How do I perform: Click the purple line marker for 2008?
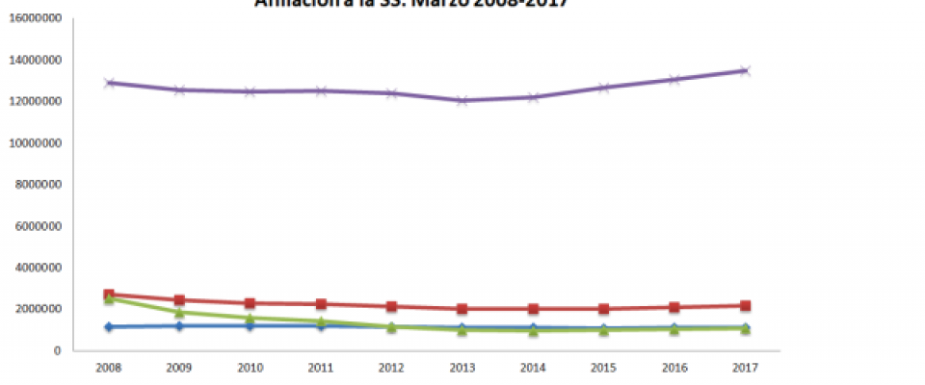109,83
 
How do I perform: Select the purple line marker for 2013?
462,100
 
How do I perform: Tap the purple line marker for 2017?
745,70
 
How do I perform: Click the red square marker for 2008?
109,295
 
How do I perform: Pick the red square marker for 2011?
321,304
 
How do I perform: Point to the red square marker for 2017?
745,305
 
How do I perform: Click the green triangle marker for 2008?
109,299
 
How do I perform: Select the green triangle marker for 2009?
179,313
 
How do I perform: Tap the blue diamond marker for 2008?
109,327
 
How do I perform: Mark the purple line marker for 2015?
603,88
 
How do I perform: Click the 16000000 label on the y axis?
36,18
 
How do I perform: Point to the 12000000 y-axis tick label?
36,102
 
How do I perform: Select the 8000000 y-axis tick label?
39,185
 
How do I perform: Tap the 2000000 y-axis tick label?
39,309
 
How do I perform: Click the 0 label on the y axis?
59,350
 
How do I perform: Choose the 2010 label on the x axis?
250,367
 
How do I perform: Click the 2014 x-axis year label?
533,367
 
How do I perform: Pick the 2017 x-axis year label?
745,367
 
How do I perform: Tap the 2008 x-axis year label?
109,367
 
